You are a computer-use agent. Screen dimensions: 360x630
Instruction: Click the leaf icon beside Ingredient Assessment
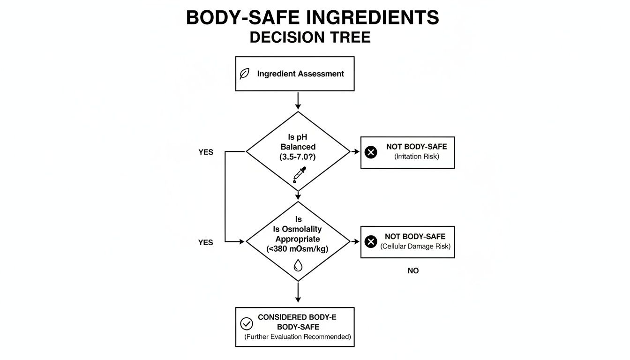244,74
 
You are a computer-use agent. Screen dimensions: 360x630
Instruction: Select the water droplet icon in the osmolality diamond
298,266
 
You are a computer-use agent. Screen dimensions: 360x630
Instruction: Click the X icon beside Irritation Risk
371,152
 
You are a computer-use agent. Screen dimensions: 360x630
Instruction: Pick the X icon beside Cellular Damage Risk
371,242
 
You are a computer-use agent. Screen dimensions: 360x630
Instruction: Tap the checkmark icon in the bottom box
246,323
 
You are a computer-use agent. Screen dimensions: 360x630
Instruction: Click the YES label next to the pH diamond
206,152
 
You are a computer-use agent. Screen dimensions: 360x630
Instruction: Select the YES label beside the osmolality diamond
206,242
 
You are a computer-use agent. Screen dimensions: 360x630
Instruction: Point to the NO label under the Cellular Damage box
413,271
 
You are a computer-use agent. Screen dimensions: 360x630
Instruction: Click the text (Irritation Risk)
417,157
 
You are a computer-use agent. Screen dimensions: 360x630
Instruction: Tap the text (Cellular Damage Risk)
415,247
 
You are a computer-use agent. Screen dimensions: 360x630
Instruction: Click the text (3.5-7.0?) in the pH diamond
298,157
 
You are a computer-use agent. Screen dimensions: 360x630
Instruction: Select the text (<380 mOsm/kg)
298,249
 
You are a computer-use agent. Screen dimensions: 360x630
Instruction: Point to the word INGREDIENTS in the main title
373,18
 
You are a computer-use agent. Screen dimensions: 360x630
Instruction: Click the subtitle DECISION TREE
310,37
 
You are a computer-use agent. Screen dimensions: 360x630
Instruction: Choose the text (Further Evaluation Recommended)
298,337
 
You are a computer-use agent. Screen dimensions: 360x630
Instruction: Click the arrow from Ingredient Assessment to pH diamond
298,101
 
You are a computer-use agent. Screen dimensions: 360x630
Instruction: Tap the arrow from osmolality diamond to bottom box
298,293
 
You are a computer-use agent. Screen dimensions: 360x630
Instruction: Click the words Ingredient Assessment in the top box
300,74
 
